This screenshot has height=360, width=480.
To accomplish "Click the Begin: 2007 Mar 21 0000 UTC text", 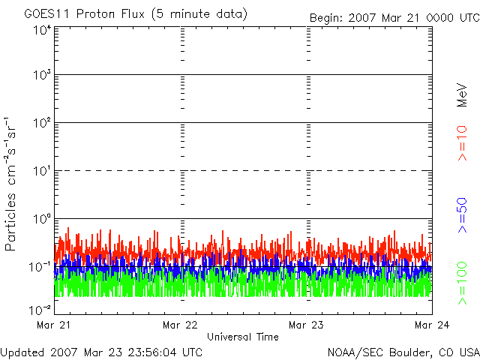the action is coord(394,18).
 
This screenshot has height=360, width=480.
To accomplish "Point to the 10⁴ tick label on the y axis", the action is coord(42,30).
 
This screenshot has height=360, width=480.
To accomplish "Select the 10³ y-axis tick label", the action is coord(42,75).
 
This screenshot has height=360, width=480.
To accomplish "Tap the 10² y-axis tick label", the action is coord(42,123).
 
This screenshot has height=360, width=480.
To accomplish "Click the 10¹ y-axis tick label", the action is coord(42,171).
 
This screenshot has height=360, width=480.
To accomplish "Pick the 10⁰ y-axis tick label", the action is coord(42,219).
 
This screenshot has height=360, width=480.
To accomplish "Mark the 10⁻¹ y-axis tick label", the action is coord(40,267).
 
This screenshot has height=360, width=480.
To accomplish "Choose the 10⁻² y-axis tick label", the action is coord(40,310).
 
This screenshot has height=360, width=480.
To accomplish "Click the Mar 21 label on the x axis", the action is coord(53,325).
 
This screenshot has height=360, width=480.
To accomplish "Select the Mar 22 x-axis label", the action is coord(180,325).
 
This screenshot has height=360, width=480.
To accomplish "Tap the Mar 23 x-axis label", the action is coord(306,325).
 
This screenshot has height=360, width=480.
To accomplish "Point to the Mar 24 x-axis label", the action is coord(432,325).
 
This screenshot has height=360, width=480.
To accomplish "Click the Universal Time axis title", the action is coord(243,337).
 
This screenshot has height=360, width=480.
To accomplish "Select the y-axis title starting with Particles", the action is coord(10,184).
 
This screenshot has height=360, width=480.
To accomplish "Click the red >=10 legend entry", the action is coord(462,143).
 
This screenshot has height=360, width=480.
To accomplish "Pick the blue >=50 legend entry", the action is coord(462,215).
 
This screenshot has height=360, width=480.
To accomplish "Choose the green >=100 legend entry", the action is coord(462,283).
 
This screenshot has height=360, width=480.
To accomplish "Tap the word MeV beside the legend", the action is coord(462,95).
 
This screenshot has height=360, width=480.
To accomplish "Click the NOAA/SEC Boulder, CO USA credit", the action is coord(403,352).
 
